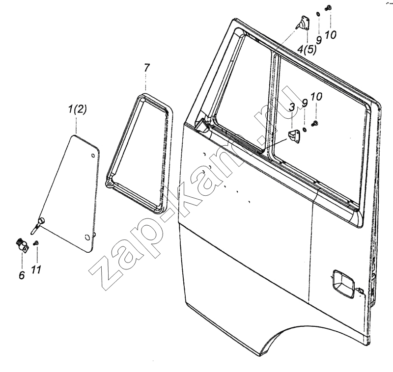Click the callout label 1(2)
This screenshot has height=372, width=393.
(x=78, y=109)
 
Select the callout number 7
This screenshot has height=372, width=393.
(x=146, y=68)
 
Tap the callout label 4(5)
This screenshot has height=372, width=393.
(x=307, y=49)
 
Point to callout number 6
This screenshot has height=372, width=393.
(x=22, y=275)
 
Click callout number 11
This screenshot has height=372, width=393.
(x=36, y=270)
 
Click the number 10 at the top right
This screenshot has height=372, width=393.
(x=331, y=35)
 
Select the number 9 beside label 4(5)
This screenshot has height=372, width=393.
(x=319, y=40)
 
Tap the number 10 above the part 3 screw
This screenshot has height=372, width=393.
(x=316, y=97)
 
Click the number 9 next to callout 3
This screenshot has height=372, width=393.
(x=305, y=103)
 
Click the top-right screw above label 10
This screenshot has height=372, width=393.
(x=328, y=8)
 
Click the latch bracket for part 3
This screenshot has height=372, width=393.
(x=294, y=137)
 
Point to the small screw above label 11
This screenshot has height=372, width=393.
(x=36, y=242)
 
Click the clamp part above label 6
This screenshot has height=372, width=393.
(x=22, y=245)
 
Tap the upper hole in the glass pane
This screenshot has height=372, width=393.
(x=93, y=156)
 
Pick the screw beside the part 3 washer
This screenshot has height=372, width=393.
(x=314, y=123)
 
